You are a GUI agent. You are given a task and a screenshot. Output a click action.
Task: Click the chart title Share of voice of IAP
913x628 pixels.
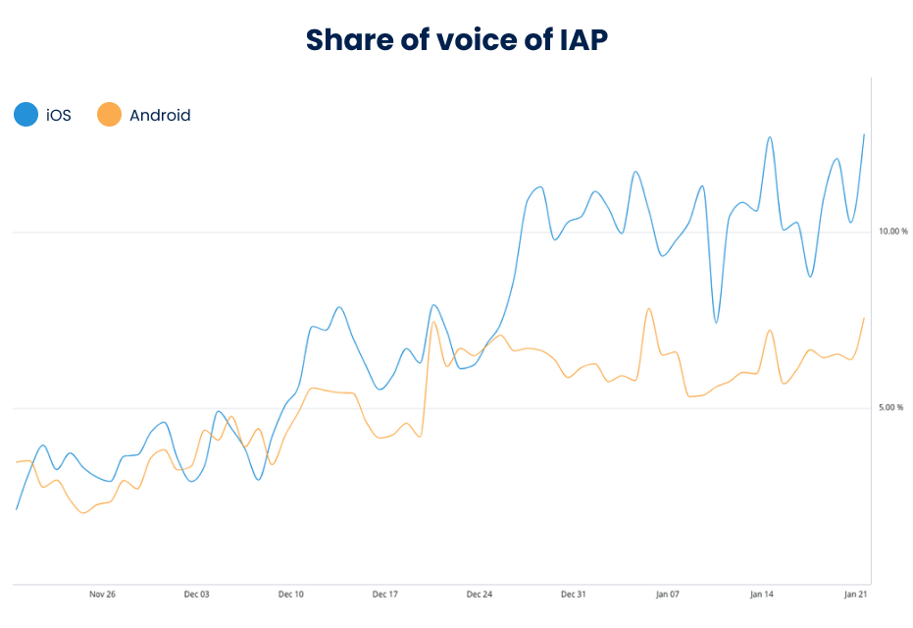pyautogui.click(x=456, y=39)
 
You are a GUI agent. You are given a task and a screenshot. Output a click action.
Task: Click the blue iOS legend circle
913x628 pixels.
pyautogui.click(x=25, y=115)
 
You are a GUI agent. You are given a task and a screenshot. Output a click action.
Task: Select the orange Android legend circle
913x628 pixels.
pyautogui.click(x=109, y=115)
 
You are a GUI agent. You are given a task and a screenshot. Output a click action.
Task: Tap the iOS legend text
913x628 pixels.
pyautogui.click(x=59, y=116)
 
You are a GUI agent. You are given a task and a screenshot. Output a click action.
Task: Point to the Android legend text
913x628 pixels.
pyautogui.click(x=160, y=116)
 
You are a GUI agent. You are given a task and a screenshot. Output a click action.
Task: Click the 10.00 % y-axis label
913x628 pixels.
pyautogui.click(x=892, y=232)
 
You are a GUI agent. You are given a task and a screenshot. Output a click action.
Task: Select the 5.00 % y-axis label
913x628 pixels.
pyautogui.click(x=890, y=407)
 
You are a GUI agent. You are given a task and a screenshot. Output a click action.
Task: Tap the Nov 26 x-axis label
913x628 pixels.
pyautogui.click(x=102, y=595)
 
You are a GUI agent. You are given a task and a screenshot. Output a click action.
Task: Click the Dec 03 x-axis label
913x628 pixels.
pyautogui.click(x=196, y=595)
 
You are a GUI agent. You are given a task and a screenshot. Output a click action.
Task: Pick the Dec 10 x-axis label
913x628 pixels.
pyautogui.click(x=290, y=595)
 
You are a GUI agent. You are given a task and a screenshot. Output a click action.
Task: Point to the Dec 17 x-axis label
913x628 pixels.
pyautogui.click(x=385, y=595)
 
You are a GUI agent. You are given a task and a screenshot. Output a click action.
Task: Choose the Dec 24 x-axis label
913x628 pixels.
pyautogui.click(x=480, y=595)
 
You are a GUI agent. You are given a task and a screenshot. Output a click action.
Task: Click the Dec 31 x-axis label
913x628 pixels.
pyautogui.click(x=574, y=595)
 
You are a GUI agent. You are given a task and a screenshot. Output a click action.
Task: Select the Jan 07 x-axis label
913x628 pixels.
pyautogui.click(x=668, y=595)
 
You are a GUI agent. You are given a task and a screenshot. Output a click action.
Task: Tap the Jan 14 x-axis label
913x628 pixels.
pyautogui.click(x=762, y=595)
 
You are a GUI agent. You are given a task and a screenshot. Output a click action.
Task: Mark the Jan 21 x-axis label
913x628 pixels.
pyautogui.click(x=856, y=595)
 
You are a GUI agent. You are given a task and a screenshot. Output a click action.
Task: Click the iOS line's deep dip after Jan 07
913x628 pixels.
pyautogui.click(x=716, y=322)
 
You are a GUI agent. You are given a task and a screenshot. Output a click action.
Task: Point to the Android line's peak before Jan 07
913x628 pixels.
pyautogui.click(x=649, y=309)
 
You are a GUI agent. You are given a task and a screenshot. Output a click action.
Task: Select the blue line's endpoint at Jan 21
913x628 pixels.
pyautogui.click(x=864, y=134)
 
